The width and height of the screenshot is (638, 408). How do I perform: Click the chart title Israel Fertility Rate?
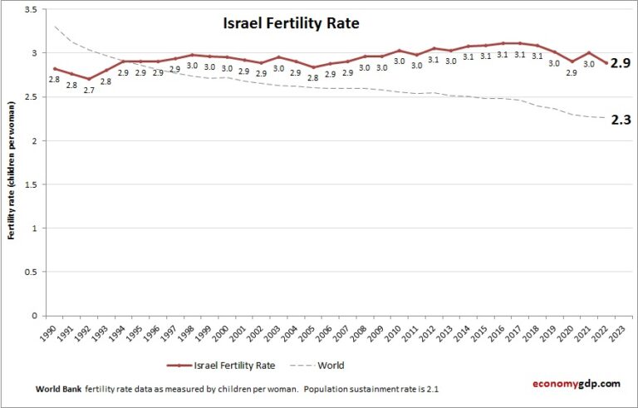click(291, 24)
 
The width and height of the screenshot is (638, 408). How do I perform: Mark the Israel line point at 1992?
click(89, 79)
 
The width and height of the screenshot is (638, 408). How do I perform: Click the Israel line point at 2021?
click(589, 52)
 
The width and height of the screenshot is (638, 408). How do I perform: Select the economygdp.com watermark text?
click(576, 383)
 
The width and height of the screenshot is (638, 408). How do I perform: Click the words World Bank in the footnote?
click(58, 388)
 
